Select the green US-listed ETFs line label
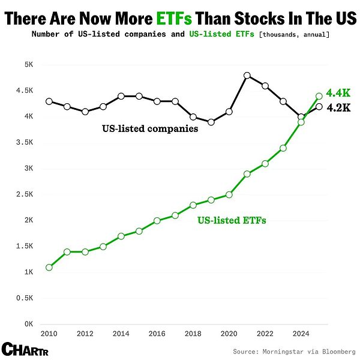coord(232,220)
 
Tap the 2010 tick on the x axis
coord(49,333)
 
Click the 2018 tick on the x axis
coord(193,333)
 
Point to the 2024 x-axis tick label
coord(301,333)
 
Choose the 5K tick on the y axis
coord(28,65)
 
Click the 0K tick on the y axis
coord(28,324)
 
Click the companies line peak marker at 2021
coord(247,76)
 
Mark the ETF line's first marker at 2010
coord(49,267)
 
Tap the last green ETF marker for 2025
coord(319,96)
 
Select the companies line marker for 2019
coord(211,122)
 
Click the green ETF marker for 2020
coord(229,194)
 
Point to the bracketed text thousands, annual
coord(293,35)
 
